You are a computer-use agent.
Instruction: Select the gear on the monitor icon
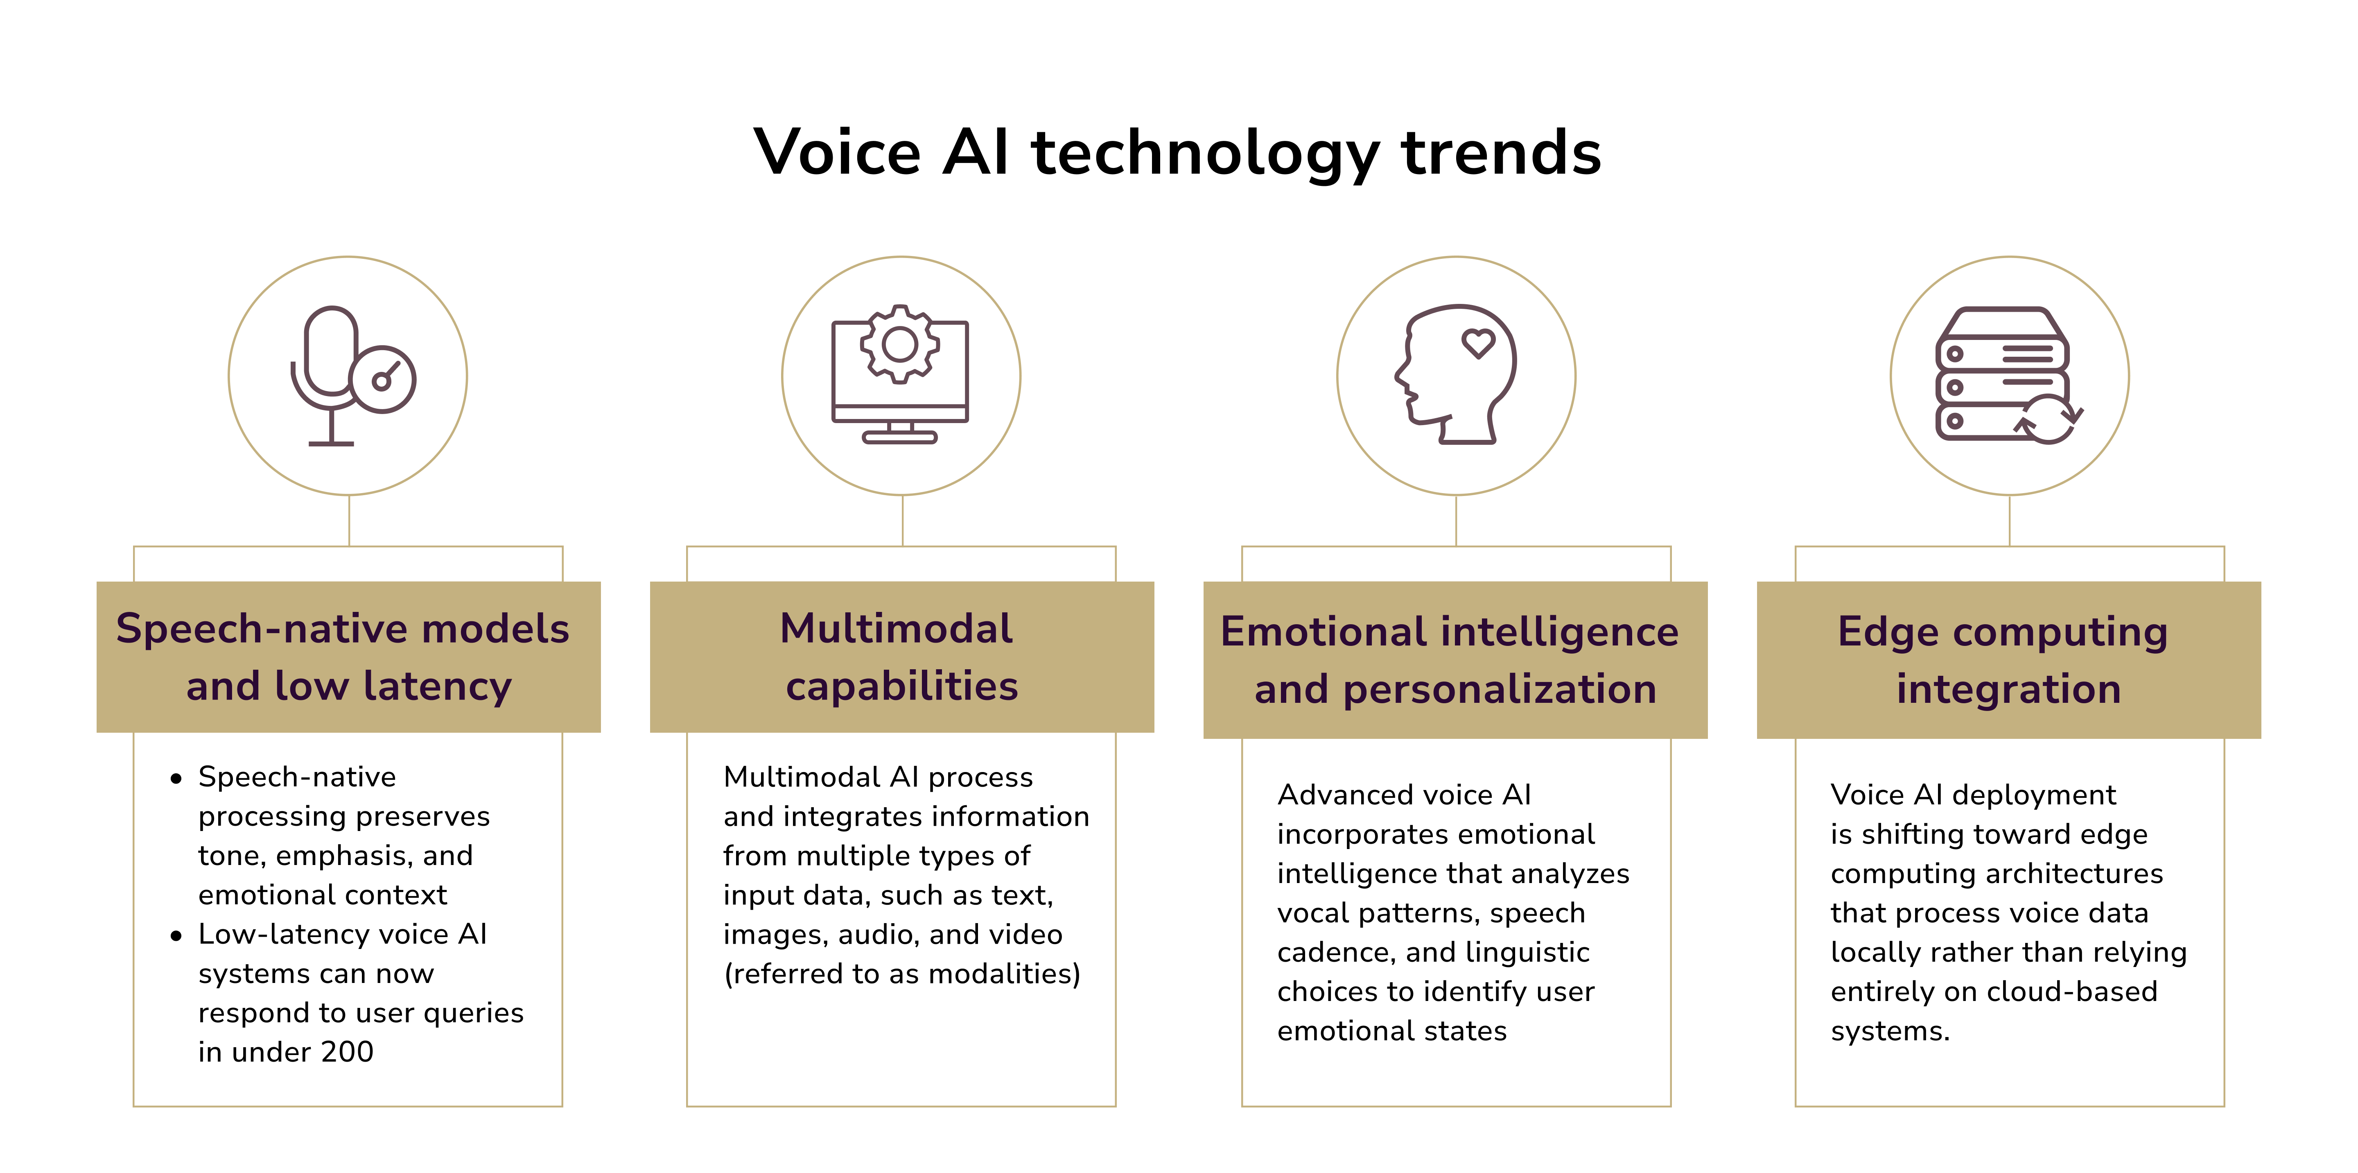click(900, 344)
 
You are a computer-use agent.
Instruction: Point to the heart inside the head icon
click(1477, 343)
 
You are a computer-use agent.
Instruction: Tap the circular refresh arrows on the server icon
click(2049, 419)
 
